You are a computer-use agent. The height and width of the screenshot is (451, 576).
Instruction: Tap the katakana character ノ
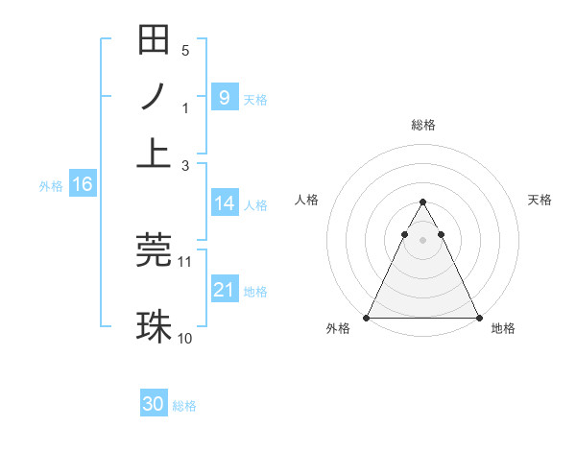pos(155,97)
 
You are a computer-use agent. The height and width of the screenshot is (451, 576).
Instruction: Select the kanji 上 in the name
pos(155,154)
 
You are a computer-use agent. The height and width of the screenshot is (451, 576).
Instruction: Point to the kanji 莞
pos(155,249)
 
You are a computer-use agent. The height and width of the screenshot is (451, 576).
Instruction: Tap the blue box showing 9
pos(224,97)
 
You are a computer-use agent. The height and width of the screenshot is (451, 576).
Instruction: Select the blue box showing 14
pos(224,203)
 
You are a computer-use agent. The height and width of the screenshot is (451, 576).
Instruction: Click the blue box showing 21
pos(224,290)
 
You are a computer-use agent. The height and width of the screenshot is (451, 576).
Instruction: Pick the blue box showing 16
pos(82,184)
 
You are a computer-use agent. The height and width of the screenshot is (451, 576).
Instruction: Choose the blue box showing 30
pos(154,404)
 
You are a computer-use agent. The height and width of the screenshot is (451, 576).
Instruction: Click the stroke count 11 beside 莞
pos(185,261)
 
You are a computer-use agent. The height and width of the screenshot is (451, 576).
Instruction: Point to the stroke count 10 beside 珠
pos(185,338)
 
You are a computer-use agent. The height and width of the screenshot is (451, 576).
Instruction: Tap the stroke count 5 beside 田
pos(185,50)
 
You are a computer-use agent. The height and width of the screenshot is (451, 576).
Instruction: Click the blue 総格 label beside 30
pos(184,406)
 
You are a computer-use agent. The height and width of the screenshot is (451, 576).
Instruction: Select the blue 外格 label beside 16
pos(51,186)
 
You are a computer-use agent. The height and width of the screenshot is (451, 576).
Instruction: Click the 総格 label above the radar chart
pos(422,125)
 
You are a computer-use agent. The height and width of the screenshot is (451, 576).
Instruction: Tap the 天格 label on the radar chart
pos(540,200)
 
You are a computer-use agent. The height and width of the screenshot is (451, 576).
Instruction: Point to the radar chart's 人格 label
pos(306,200)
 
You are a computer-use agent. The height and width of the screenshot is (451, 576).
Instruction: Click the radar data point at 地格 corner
pos(479,318)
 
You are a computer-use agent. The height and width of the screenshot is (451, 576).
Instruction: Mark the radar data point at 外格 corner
pos(367,318)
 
